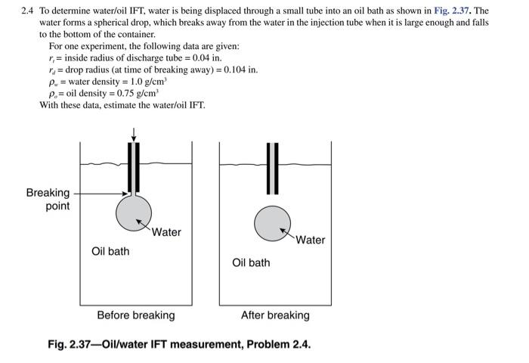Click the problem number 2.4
point(29,11)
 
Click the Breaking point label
point(48,199)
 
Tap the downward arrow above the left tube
point(134,134)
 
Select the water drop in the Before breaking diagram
point(134,211)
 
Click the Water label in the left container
point(166,232)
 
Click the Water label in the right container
point(310,240)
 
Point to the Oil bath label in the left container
point(110,251)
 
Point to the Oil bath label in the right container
point(251,262)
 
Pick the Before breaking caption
point(135,315)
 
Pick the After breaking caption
point(275,315)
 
